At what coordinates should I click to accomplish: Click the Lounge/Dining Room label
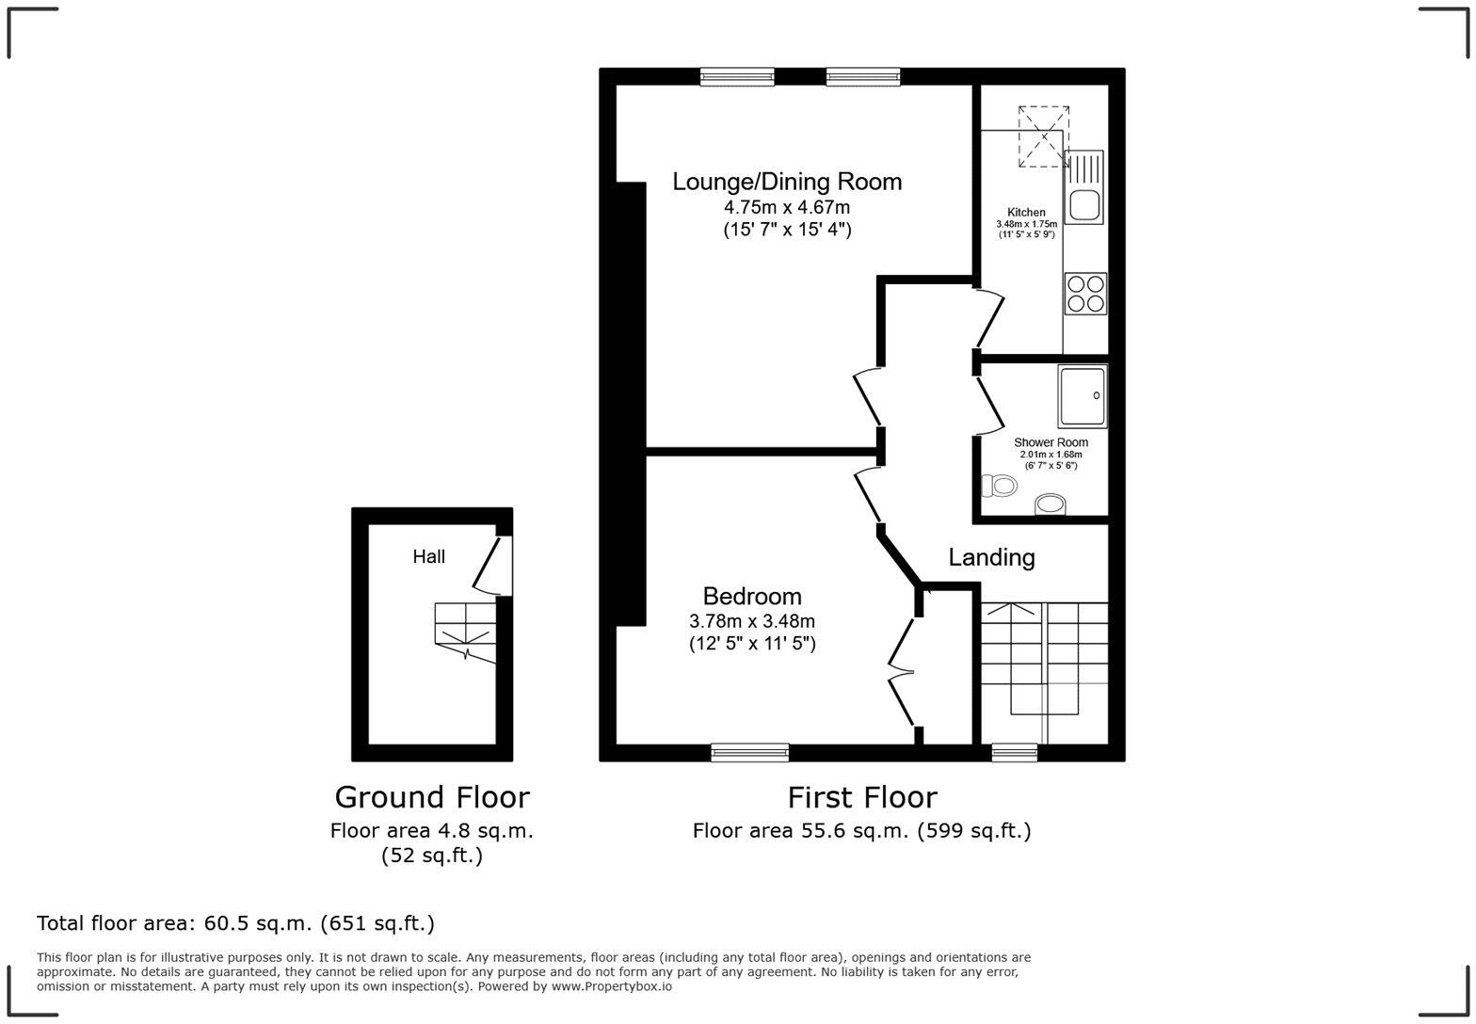tap(787, 182)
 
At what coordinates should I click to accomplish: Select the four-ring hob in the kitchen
tap(1085, 293)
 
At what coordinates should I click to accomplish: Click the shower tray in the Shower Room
tap(1082, 396)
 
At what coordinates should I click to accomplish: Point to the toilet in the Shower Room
tap(1000, 486)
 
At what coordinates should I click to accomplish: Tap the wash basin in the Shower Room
tap(1051, 505)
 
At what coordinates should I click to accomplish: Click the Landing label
tap(991, 557)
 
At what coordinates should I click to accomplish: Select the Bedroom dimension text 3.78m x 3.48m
tap(752, 621)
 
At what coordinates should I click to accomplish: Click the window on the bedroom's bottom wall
tap(749, 751)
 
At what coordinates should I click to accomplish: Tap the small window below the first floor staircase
tap(1015, 751)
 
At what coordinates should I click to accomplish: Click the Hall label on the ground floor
tap(428, 557)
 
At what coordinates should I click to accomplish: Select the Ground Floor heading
tap(432, 797)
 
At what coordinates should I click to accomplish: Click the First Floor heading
tap(862, 797)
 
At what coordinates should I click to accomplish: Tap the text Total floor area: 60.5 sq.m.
tap(235, 923)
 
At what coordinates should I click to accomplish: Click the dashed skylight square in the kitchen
tap(1044, 136)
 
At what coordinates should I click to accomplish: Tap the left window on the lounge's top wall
tap(737, 77)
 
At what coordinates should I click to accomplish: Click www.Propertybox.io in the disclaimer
tap(611, 986)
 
